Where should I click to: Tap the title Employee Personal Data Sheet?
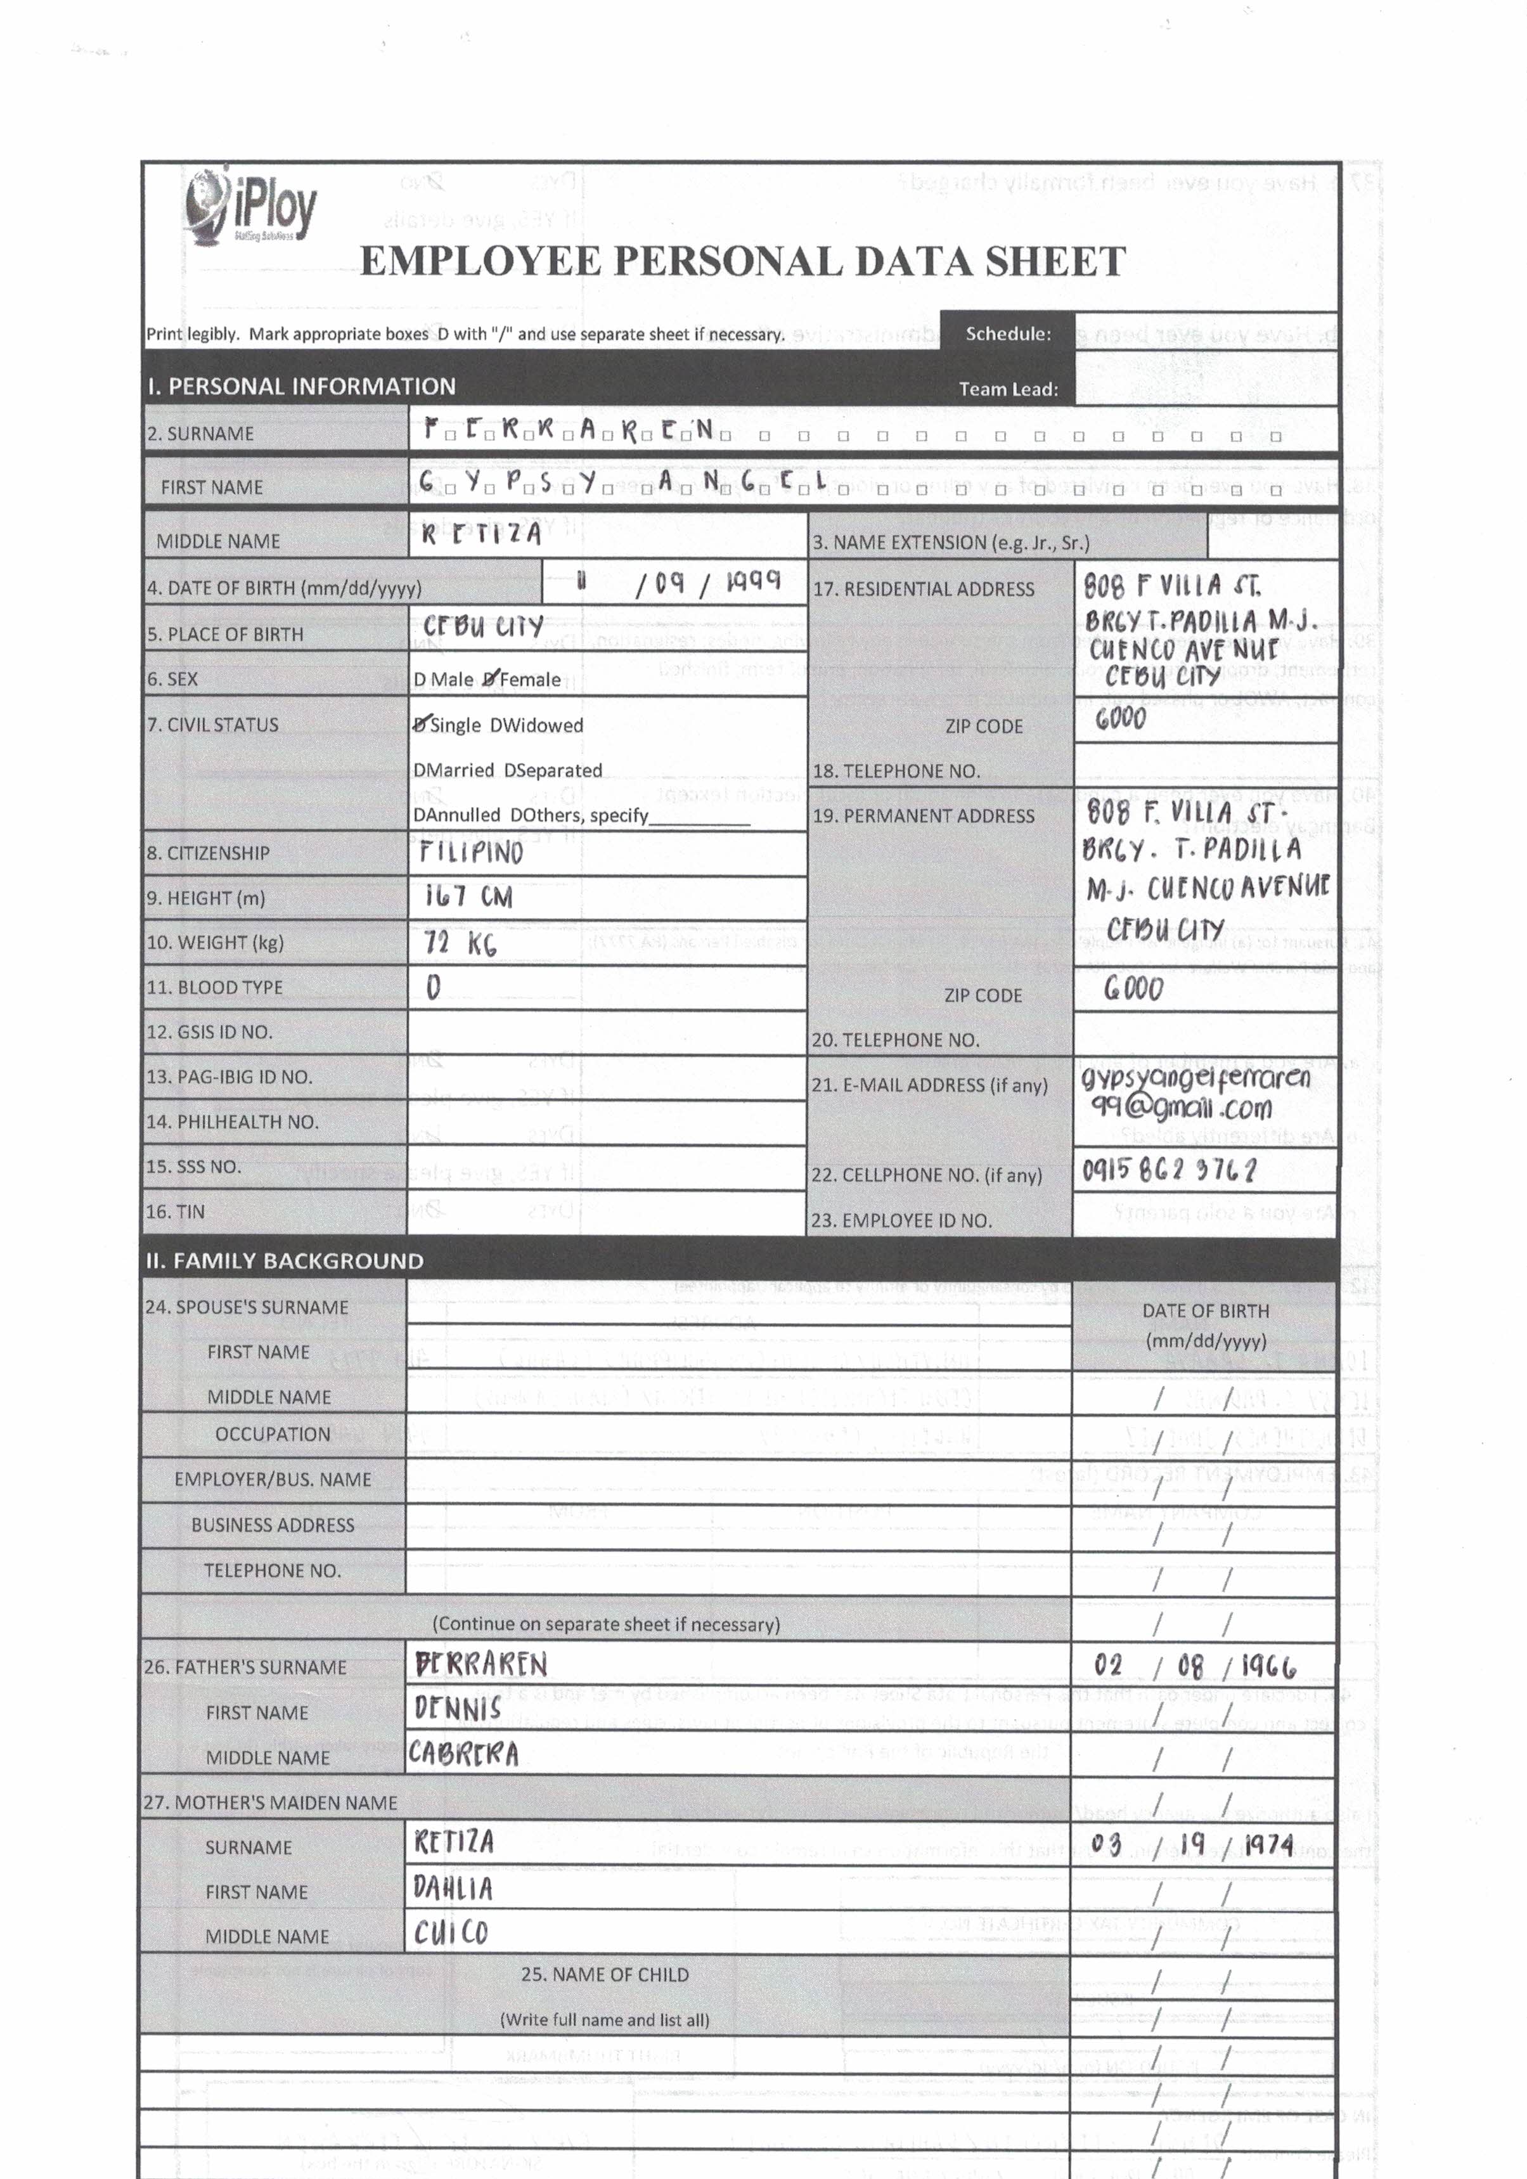[x=742, y=262]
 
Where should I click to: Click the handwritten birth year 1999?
[x=752, y=581]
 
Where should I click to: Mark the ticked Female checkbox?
[x=491, y=678]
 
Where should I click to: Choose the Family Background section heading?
[x=285, y=1261]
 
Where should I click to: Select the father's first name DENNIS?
[x=458, y=1709]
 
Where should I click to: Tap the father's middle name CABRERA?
[x=463, y=1754]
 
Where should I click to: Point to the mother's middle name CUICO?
[x=451, y=1932]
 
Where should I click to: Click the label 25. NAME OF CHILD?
[x=605, y=1974]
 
